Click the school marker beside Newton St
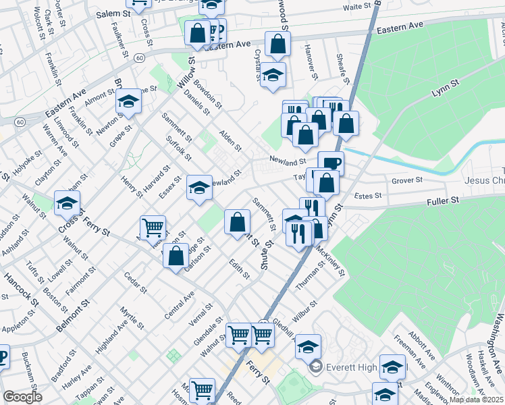click(128, 101)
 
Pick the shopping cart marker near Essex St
click(153, 227)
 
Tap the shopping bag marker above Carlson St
click(176, 256)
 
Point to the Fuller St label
click(442, 200)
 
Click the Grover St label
click(407, 180)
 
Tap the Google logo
click(22, 397)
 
